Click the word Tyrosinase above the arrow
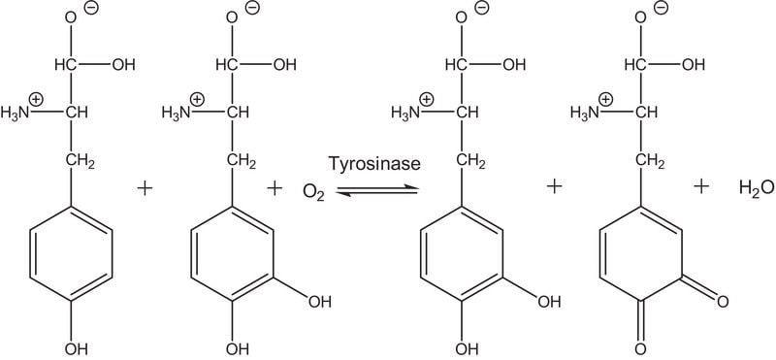(x=374, y=164)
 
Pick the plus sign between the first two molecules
(x=145, y=188)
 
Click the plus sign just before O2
(x=275, y=188)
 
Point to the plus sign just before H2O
(x=700, y=186)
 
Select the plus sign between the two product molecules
(x=554, y=186)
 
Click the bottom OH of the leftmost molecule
(x=76, y=348)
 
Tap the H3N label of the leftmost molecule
(x=15, y=114)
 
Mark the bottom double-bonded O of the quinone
(x=640, y=347)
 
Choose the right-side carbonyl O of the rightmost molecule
(x=722, y=301)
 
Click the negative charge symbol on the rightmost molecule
(x=661, y=8)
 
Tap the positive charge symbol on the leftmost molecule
(x=37, y=100)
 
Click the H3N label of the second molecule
(x=176, y=114)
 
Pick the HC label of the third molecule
(x=456, y=65)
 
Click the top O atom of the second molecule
(x=231, y=17)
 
